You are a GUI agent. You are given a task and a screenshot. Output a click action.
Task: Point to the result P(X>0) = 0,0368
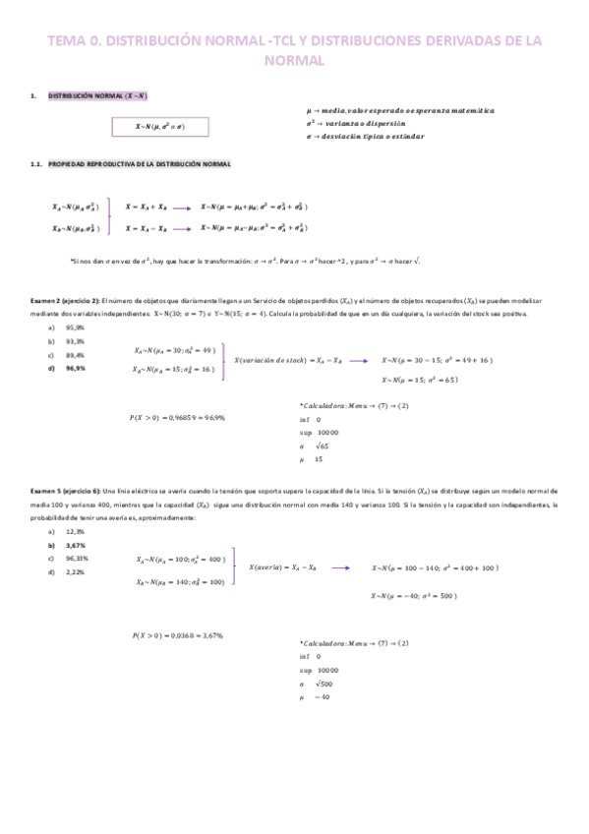coord(177,636)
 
